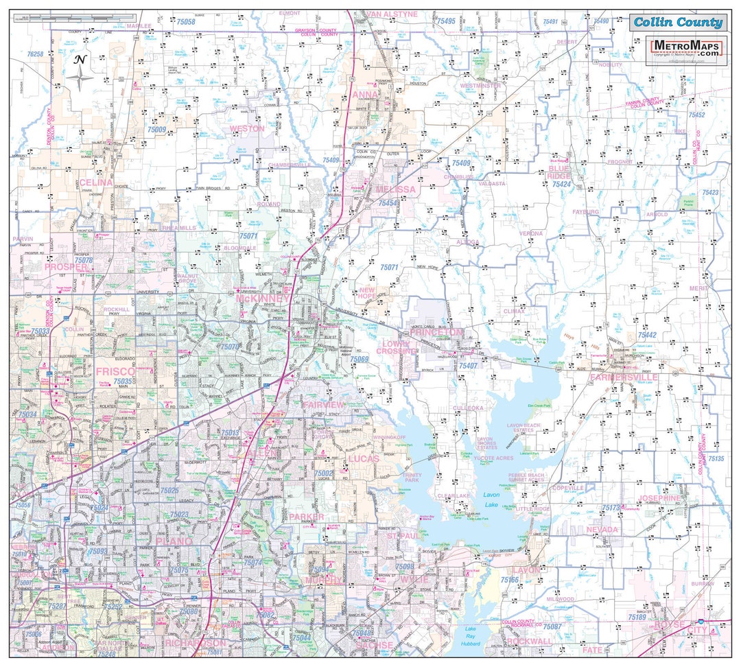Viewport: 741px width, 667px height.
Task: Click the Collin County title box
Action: pyautogui.click(x=678, y=22)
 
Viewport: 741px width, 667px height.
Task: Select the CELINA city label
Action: pyautogui.click(x=95, y=183)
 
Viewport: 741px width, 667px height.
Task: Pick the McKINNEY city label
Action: pyautogui.click(x=263, y=299)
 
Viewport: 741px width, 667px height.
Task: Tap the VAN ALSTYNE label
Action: pyautogui.click(x=391, y=14)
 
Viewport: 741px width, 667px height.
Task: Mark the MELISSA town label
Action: pyautogui.click(x=396, y=189)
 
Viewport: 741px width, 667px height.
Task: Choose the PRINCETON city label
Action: pyautogui.click(x=437, y=332)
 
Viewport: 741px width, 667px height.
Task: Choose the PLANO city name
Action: pyautogui.click(x=175, y=541)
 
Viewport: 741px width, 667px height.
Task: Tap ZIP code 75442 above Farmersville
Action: pyautogui.click(x=647, y=335)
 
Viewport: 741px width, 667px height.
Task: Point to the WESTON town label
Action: pyautogui.click(x=246, y=128)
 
